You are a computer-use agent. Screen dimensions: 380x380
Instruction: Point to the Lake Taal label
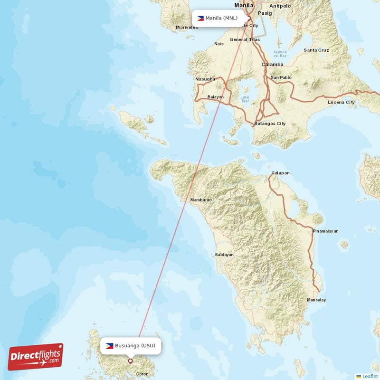[245, 99]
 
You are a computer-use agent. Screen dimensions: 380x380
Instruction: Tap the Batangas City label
[270, 123]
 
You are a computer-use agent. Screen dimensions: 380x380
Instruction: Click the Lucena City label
[341, 102]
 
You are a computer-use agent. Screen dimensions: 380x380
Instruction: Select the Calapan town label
[280, 173]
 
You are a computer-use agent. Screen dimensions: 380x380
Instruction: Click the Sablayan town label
[224, 255]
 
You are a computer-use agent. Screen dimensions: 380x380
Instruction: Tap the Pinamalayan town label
[325, 231]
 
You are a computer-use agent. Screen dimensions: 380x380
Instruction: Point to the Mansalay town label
[316, 300]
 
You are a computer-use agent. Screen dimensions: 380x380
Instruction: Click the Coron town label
[142, 374]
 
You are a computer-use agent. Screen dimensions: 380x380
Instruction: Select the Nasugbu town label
[205, 79]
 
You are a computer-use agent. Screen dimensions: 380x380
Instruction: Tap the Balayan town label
[216, 97]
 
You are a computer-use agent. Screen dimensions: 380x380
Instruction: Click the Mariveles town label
[187, 28]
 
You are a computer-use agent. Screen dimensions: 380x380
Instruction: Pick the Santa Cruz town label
[316, 50]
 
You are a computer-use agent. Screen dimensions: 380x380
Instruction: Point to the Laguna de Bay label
[280, 53]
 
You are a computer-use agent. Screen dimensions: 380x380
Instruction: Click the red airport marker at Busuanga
[131, 361]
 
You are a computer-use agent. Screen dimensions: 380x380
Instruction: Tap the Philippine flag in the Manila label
[200, 19]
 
